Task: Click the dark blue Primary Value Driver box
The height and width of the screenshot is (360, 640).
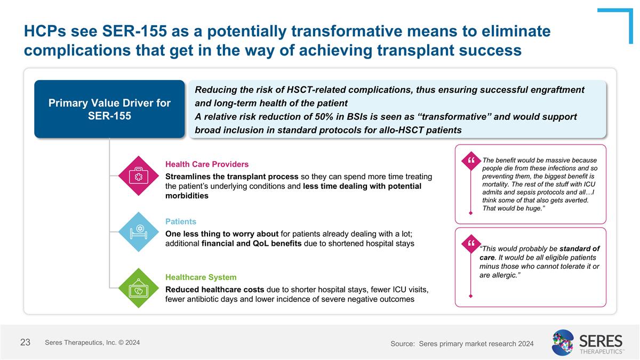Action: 109,109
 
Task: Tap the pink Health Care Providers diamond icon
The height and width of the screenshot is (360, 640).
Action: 139,176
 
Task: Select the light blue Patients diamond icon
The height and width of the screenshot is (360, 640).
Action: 139,231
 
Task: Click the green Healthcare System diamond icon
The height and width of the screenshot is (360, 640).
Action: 139,288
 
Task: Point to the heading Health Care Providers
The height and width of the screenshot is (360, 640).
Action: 207,164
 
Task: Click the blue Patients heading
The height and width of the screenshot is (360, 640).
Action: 181,221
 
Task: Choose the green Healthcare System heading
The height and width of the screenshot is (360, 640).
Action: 201,277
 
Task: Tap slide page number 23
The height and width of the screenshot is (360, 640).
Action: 25,342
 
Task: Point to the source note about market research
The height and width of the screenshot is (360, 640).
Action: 462,344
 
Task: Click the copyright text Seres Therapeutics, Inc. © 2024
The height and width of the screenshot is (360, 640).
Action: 92,342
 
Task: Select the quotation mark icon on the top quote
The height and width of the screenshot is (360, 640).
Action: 470,160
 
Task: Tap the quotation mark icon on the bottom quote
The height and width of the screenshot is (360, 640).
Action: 470,243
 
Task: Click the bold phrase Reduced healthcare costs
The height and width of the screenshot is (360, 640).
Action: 214,289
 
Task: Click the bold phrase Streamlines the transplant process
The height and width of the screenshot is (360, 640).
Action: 232,177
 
